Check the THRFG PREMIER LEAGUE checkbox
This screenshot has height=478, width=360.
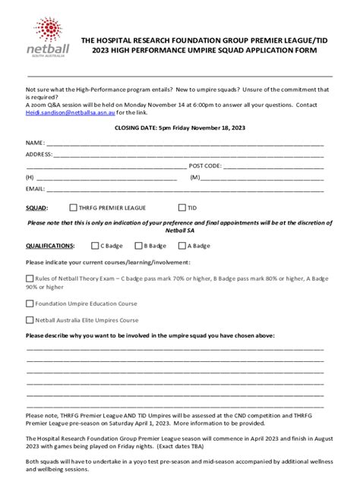click(x=72, y=207)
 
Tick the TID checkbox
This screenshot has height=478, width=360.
click(x=182, y=207)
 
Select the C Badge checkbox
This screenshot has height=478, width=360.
click(x=94, y=246)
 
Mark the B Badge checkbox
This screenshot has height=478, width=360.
click(x=138, y=246)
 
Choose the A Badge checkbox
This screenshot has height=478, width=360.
click(x=182, y=246)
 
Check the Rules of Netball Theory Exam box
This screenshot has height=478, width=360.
click(x=30, y=278)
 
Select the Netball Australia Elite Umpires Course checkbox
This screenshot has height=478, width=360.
click(x=30, y=319)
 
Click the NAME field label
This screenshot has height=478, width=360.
click(x=35, y=142)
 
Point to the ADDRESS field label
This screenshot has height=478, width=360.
click(x=39, y=154)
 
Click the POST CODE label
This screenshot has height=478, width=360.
click(x=205, y=165)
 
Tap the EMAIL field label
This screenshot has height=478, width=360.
click(x=35, y=188)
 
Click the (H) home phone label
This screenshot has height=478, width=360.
click(x=30, y=177)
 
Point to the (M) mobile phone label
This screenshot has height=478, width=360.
click(x=195, y=177)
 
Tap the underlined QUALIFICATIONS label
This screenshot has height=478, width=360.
click(x=49, y=246)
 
